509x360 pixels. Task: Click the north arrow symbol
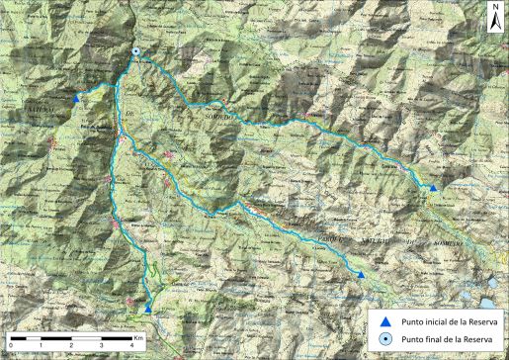click(x=493, y=20)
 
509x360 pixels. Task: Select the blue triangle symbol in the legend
click(x=386, y=320)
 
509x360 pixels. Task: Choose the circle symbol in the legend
click(x=386, y=340)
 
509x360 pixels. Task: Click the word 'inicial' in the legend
click(x=435, y=320)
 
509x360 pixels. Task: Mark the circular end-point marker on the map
click(x=135, y=52)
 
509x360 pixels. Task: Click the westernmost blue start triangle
click(x=77, y=98)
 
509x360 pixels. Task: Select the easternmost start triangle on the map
click(x=433, y=187)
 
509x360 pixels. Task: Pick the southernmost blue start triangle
click(x=148, y=309)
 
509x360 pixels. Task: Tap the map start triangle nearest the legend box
click(x=361, y=274)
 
